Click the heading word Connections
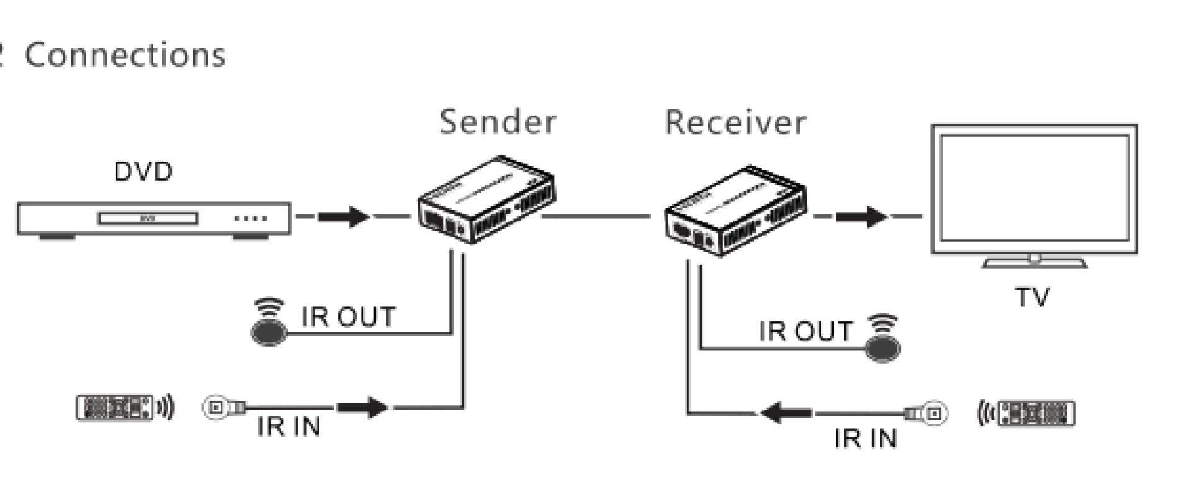click(125, 55)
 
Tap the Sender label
click(498, 122)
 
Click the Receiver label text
click(735, 122)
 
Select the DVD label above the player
click(143, 172)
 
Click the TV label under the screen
click(1032, 297)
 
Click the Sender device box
click(487, 200)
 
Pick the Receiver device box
click(735, 211)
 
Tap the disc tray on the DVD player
click(148, 218)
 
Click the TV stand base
click(1034, 263)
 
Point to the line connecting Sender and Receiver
click(596, 216)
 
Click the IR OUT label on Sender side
click(348, 317)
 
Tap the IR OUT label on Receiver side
click(805, 331)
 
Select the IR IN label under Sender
click(289, 427)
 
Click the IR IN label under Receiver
click(865, 439)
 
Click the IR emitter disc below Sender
click(269, 332)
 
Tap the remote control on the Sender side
click(115, 408)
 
